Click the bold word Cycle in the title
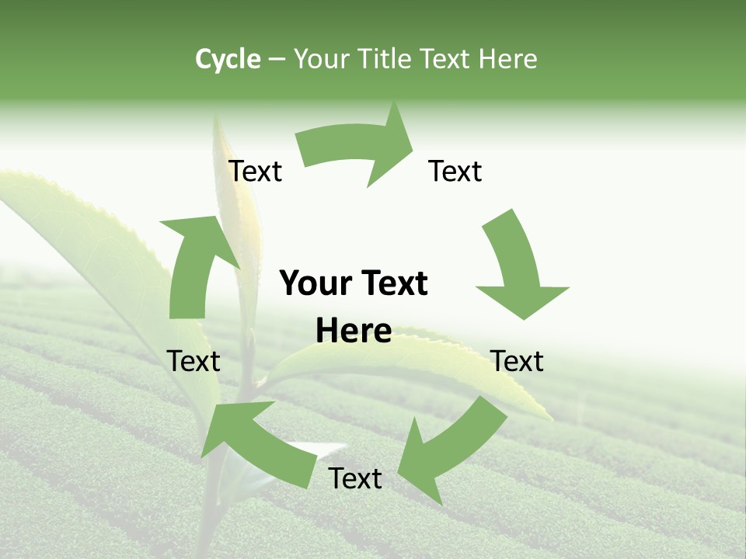click(x=228, y=59)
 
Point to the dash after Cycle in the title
click(x=277, y=60)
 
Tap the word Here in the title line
click(x=506, y=59)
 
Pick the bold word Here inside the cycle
click(x=354, y=331)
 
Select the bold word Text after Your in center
click(x=392, y=283)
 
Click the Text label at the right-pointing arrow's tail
click(x=255, y=171)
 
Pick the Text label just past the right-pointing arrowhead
click(x=455, y=171)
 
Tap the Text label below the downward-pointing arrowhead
click(x=518, y=361)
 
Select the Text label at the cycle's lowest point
click(x=355, y=478)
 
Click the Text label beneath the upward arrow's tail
click(x=193, y=361)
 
